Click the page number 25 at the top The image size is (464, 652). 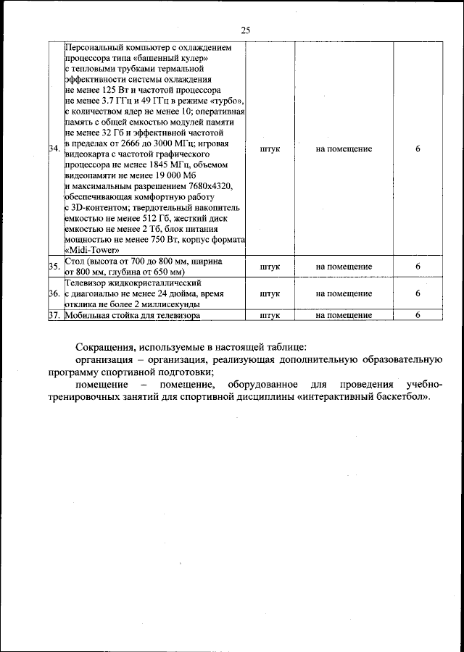coord(245,30)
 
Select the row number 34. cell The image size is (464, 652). coord(54,149)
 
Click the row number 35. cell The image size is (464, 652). coord(54,267)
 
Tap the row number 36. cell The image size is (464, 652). coord(54,293)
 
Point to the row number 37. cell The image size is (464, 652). coord(54,315)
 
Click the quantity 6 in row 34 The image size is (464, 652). coord(418,149)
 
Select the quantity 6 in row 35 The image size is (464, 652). coord(418,267)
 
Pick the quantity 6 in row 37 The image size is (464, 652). coord(418,315)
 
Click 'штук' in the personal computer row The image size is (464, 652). coord(269,149)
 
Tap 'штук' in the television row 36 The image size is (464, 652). coord(269,293)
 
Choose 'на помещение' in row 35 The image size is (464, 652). coord(344,267)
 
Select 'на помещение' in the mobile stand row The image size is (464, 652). coord(344,315)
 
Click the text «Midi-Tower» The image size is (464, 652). coord(92,250)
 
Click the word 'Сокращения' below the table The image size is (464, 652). coord(105,346)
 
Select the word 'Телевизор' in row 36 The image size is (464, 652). coord(86,283)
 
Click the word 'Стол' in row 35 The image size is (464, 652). coord(75,260)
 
